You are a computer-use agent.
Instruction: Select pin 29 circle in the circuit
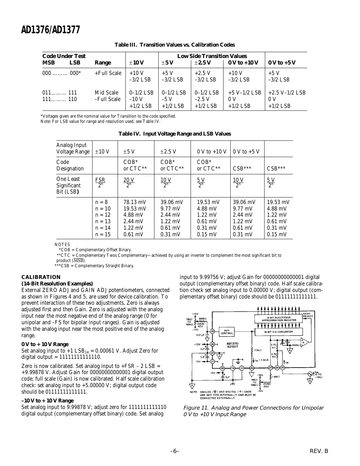(212, 331)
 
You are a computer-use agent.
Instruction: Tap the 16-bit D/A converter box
(278, 332)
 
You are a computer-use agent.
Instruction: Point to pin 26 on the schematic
(252, 368)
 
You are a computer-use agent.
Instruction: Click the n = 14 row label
(103, 228)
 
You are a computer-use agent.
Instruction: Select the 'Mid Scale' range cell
(107, 93)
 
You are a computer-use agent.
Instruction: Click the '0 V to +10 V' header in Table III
(243, 63)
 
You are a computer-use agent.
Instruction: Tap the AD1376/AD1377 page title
(50, 30)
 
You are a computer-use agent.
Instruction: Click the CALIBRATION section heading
(41, 277)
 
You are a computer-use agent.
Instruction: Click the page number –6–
(175, 451)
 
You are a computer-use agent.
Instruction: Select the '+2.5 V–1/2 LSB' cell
(286, 93)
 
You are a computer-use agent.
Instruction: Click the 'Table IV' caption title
(174, 134)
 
